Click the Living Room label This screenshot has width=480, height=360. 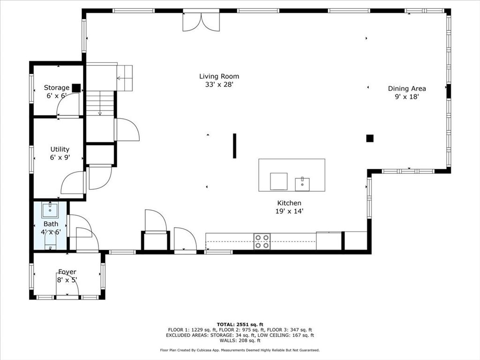[219, 76]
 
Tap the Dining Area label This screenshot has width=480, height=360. [407, 88]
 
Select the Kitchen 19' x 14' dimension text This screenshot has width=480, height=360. [289, 211]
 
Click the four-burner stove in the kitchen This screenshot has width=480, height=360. [262, 241]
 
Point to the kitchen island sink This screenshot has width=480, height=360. [302, 184]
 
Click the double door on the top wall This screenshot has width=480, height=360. [201, 22]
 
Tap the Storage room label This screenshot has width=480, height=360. [57, 88]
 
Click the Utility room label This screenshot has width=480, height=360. [60, 150]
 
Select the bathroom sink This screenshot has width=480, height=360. [50, 210]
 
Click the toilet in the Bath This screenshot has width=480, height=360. [50, 241]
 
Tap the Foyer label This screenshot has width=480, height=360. [67, 272]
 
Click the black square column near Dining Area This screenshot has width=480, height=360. [370, 138]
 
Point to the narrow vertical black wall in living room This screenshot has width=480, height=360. [234, 146]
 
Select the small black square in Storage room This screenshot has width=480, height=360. [76, 88]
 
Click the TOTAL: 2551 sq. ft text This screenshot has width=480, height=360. [240, 324]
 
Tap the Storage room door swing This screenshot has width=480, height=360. [67, 107]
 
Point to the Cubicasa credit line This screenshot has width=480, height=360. [240, 350]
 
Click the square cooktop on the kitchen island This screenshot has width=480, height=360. [279, 181]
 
